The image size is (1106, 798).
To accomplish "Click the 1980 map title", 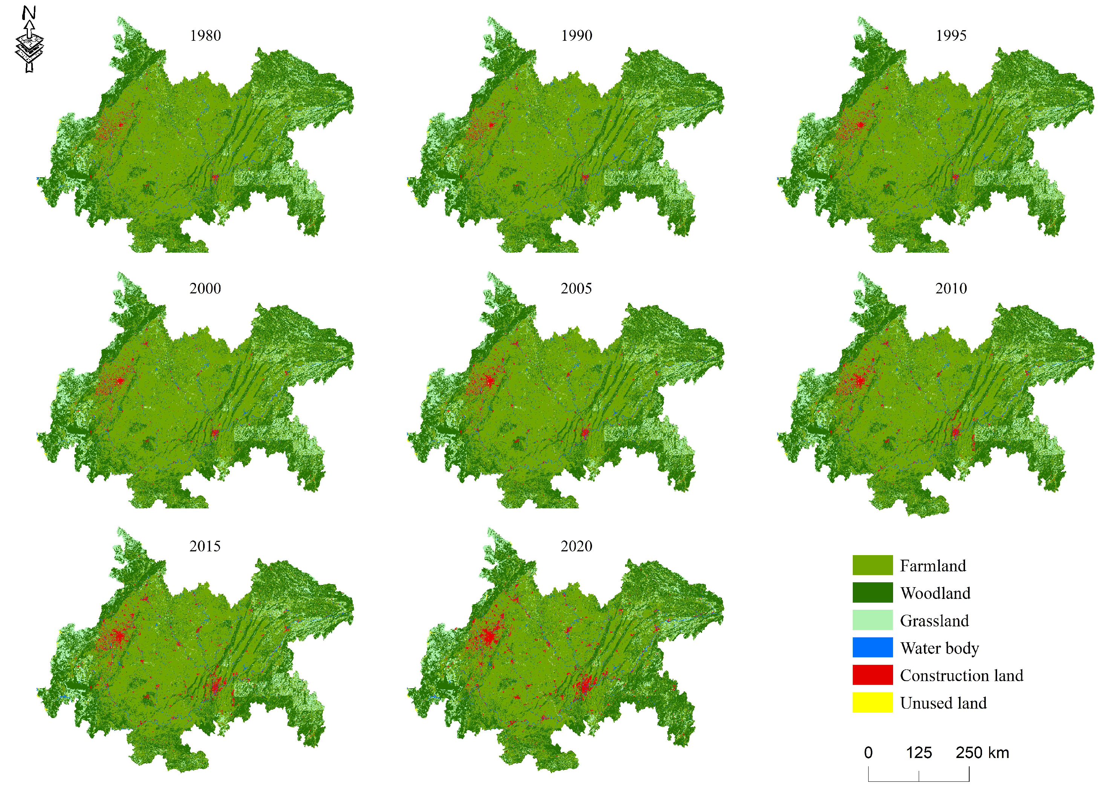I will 205,35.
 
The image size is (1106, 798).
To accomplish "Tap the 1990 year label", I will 577,35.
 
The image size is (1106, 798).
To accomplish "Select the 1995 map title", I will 951,35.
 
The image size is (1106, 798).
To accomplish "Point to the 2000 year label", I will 205,289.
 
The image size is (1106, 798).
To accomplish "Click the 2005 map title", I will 577,289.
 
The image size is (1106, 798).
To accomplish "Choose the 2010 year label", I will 951,289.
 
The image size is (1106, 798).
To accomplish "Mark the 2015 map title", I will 205,546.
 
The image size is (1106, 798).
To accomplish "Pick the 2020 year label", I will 577,546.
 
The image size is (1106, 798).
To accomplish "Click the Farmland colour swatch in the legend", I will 872,565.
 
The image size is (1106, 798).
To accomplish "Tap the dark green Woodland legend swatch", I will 872,592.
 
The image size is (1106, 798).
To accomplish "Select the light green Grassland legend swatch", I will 872,620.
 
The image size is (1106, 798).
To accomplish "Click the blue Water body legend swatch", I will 872,648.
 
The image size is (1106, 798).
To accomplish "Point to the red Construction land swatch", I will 872,675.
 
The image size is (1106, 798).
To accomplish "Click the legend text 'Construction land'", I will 961,675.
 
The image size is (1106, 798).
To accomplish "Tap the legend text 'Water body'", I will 939,648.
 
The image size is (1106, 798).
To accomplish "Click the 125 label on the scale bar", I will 919,753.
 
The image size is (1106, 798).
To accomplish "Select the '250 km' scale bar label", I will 982,753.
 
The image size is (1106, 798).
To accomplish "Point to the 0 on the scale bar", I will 868,753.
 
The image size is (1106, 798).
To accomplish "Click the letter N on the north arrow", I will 29,13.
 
